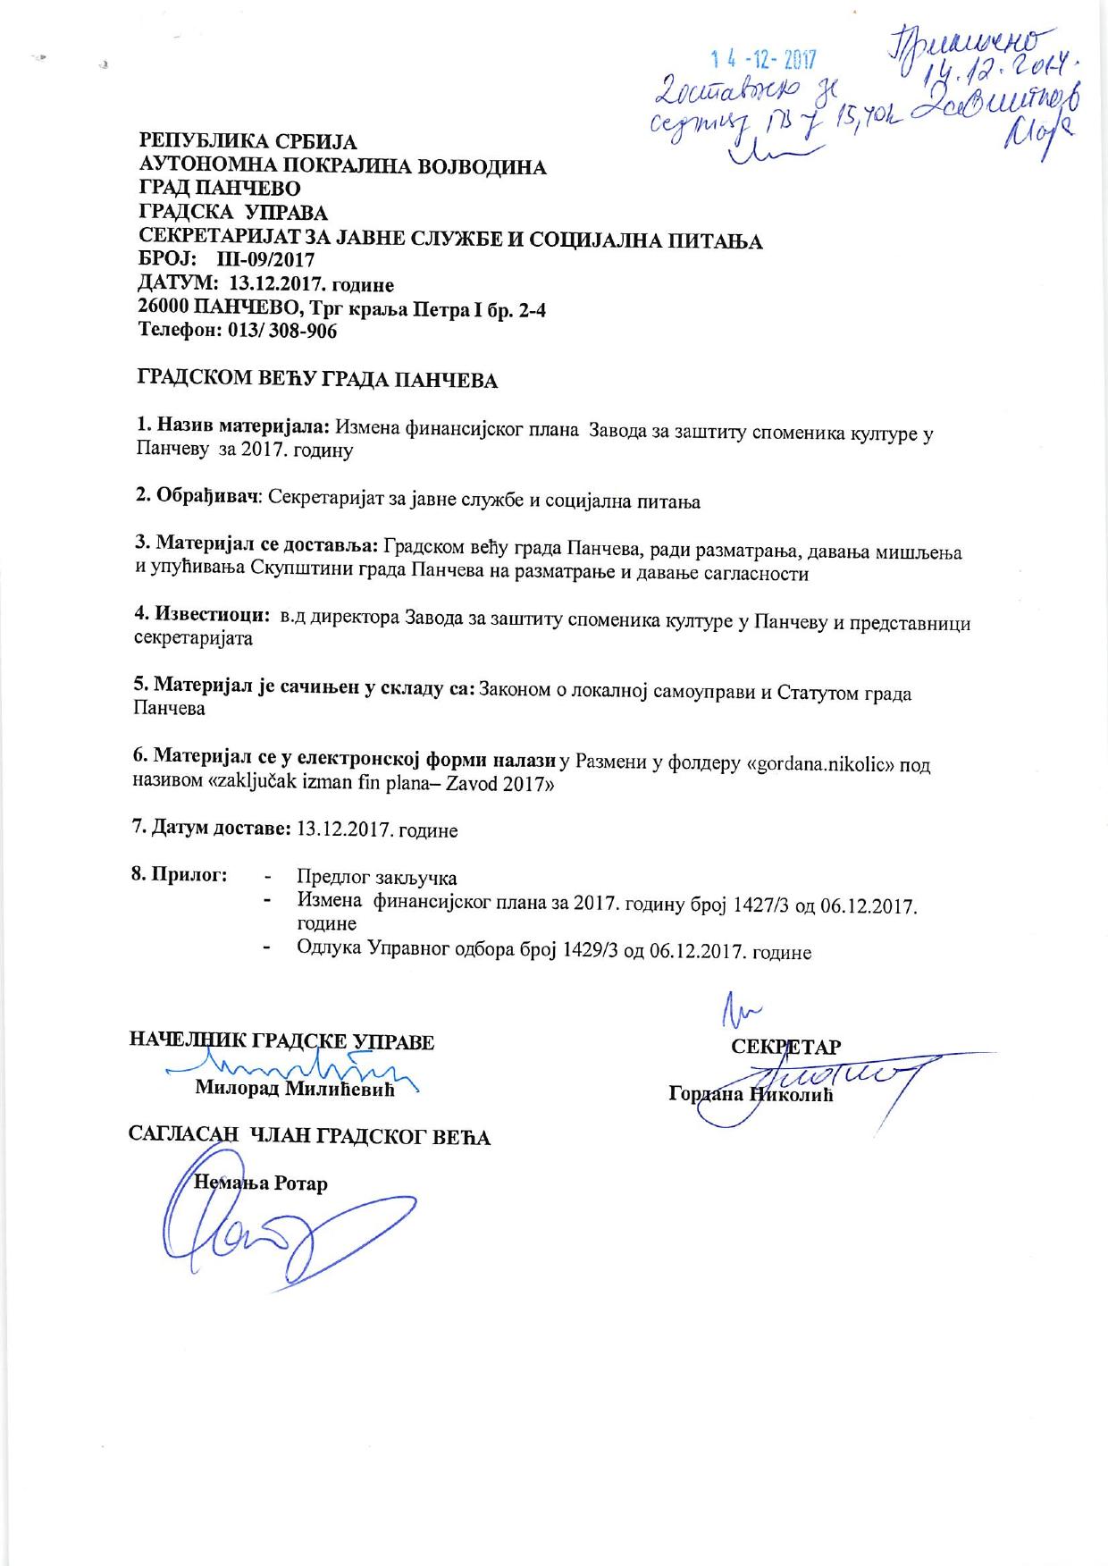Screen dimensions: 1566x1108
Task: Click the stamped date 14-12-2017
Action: click(x=765, y=61)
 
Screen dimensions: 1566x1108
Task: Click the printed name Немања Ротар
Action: click(x=261, y=1183)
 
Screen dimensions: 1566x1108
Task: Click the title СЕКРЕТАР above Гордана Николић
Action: click(x=785, y=1048)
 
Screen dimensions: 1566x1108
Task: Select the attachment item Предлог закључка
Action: click(x=376, y=877)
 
